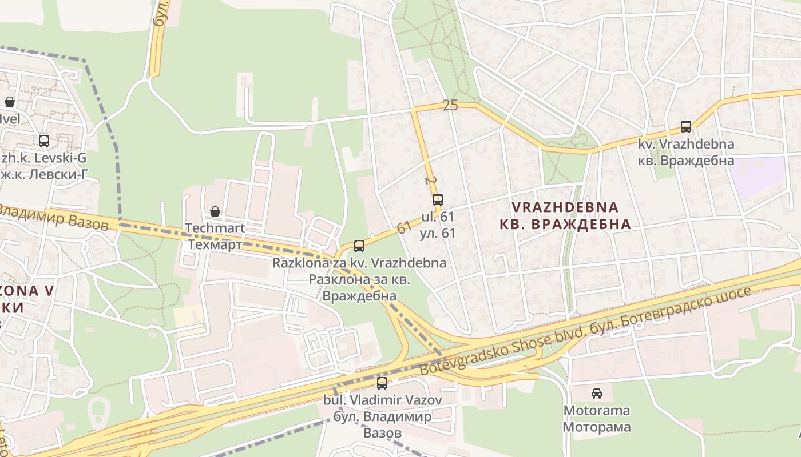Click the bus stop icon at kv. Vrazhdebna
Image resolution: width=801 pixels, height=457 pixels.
tap(685, 127)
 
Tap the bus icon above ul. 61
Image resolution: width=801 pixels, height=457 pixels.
tap(438, 200)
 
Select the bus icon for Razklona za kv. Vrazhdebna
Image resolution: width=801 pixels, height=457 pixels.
tap(359, 246)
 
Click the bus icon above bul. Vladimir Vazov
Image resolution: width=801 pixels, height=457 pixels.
tap(382, 383)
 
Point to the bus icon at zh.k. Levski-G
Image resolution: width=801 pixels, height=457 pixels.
tap(44, 141)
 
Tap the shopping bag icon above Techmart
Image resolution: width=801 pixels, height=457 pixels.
tap(215, 211)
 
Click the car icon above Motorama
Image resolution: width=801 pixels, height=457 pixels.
tap(597, 393)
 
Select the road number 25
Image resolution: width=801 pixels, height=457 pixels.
tap(450, 105)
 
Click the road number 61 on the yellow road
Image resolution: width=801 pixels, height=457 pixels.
tap(405, 227)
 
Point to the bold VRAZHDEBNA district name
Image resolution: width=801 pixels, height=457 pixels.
tap(565, 207)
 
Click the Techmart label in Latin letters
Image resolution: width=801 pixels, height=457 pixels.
tap(215, 228)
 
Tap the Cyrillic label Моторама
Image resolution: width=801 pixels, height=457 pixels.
tap(597, 427)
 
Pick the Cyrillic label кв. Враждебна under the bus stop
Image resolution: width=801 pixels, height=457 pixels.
tap(686, 161)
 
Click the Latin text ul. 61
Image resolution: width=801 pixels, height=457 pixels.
tap(438, 217)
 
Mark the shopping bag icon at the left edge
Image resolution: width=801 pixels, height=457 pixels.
tap(10, 102)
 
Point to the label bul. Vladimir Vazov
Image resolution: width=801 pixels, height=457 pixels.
tap(382, 400)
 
